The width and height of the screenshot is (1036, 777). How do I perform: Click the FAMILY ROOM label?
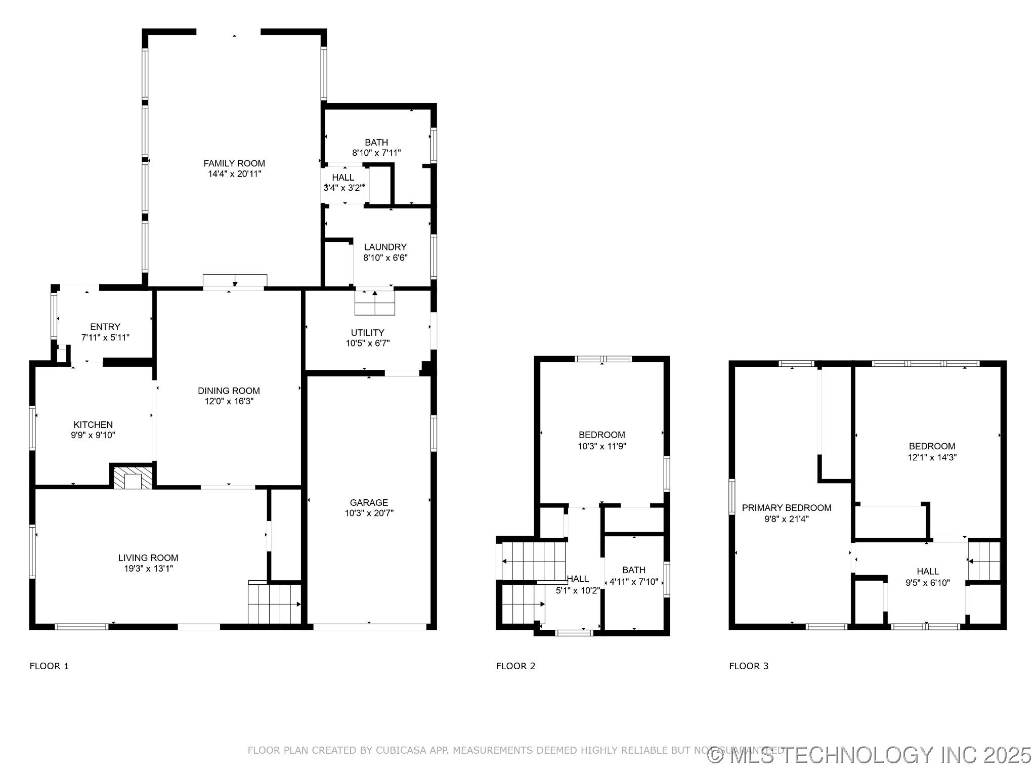coord(234,163)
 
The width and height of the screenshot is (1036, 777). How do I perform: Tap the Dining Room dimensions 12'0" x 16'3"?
coord(229,402)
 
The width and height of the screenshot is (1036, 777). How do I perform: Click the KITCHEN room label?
coord(93,424)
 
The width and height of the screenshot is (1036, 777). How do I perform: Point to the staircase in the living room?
coord(275,604)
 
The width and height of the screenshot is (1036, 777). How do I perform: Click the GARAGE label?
coord(369,502)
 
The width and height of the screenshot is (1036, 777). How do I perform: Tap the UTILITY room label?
coord(368,332)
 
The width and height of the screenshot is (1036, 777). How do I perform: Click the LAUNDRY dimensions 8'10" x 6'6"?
coord(385,257)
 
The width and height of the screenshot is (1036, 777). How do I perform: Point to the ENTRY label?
coord(105,327)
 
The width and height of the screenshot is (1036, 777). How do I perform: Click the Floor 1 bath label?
coord(376,142)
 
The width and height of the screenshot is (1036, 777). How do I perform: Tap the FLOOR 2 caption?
coord(515,666)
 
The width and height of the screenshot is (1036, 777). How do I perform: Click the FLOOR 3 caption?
coord(749,666)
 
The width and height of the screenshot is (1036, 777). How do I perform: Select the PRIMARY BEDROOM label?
coord(787,508)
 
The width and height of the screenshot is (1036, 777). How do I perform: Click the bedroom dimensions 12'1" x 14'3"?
coord(932,457)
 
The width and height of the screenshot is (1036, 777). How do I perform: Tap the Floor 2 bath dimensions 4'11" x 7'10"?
coord(634,582)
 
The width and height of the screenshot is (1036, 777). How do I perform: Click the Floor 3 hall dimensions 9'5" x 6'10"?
coord(928,582)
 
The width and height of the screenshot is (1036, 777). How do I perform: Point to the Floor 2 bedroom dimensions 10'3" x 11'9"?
coord(602,446)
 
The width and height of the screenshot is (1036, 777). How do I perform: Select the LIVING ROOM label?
coord(148,558)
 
